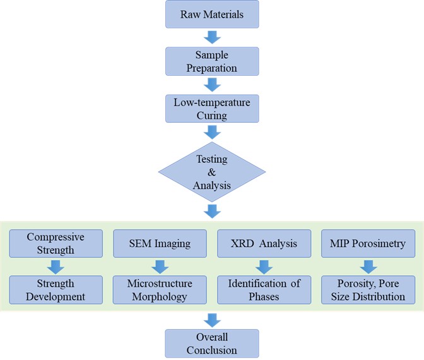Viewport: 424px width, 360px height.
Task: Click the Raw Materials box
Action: [x=212, y=14]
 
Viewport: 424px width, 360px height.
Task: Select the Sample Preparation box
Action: [x=212, y=61]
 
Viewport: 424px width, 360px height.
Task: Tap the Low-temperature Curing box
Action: [x=212, y=108]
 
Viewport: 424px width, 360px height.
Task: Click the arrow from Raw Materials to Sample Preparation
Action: [x=212, y=37]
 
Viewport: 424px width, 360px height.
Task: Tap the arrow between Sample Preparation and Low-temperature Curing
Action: [x=212, y=85]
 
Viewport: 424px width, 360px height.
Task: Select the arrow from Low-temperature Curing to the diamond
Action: [x=212, y=131]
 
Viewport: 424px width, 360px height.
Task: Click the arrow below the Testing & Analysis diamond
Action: [x=212, y=210]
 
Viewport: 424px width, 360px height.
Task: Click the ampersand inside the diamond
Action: [x=212, y=172]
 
